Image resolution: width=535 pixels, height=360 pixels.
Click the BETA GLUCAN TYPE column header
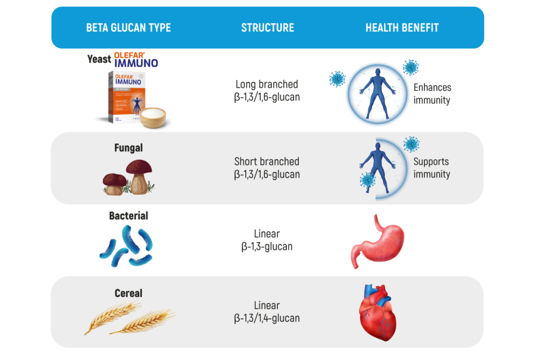pyautogui.click(x=128, y=28)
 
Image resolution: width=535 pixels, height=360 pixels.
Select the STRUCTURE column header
pyautogui.click(x=267, y=28)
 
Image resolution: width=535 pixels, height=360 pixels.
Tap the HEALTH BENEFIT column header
pyautogui.click(x=402, y=28)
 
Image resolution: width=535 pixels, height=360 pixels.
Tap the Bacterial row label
pyautogui.click(x=128, y=215)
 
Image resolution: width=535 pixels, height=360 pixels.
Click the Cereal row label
pyautogui.click(x=128, y=293)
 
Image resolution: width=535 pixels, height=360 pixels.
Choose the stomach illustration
pyautogui.click(x=377, y=241)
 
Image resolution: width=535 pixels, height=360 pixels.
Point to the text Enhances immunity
pyautogui.click(x=432, y=94)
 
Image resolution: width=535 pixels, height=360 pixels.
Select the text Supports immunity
pyautogui.click(x=431, y=168)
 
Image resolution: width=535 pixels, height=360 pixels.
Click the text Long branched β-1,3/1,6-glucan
pyautogui.click(x=267, y=91)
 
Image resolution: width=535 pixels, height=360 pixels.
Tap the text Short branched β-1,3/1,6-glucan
pyautogui.click(x=267, y=168)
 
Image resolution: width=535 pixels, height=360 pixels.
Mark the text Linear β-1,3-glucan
pyautogui.click(x=267, y=240)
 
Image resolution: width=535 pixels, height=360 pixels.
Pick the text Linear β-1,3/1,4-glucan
pyautogui.click(x=267, y=311)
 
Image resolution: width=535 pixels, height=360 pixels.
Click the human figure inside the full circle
pyautogui.click(x=375, y=94)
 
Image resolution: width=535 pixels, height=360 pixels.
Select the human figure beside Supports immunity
pyautogui.click(x=378, y=166)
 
